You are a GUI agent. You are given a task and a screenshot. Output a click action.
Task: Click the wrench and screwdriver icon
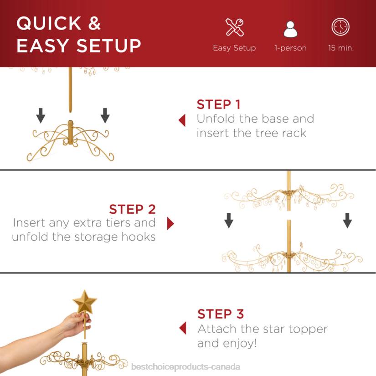pyautogui.click(x=234, y=27)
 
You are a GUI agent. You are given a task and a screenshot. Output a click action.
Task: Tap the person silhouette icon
pyautogui.click(x=290, y=28)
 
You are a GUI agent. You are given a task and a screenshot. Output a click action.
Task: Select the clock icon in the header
pyautogui.click(x=340, y=27)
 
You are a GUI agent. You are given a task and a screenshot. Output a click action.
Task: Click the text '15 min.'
pyautogui.click(x=341, y=48)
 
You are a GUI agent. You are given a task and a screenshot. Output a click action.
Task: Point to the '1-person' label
pyautogui.click(x=290, y=48)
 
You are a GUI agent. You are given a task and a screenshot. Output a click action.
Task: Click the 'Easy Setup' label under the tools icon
pyautogui.click(x=234, y=48)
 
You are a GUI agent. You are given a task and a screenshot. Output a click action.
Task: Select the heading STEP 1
pyautogui.click(x=218, y=104)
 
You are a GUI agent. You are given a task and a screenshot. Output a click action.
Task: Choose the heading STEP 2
pyautogui.click(x=132, y=209)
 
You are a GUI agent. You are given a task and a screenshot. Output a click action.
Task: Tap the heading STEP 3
pyautogui.click(x=221, y=314)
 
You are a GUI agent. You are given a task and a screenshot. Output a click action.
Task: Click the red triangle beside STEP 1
pyautogui.click(x=182, y=120)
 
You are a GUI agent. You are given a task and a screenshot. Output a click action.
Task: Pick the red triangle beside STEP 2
pyautogui.click(x=170, y=223)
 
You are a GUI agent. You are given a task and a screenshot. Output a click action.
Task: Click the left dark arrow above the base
pyautogui.click(x=41, y=116)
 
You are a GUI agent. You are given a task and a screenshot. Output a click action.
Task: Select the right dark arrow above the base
pyautogui.click(x=105, y=116)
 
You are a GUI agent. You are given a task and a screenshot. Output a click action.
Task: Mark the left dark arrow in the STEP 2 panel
pyautogui.click(x=229, y=221)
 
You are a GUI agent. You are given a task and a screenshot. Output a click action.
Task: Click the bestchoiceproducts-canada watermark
pyautogui.click(x=185, y=367)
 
